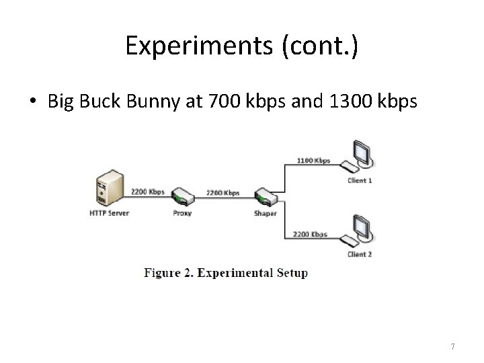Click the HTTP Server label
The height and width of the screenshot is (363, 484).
coord(110,213)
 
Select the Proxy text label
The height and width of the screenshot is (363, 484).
coord(182,214)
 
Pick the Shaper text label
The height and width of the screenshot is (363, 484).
coord(265,214)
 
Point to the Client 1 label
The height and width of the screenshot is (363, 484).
coord(360,180)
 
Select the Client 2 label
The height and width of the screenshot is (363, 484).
coord(360,254)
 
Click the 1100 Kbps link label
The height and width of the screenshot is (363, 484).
coord(313,161)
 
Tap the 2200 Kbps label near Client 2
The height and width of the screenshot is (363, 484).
coord(310,234)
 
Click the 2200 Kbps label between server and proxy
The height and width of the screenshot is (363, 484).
coord(148,192)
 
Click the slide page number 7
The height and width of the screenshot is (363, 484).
coord(452,346)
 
